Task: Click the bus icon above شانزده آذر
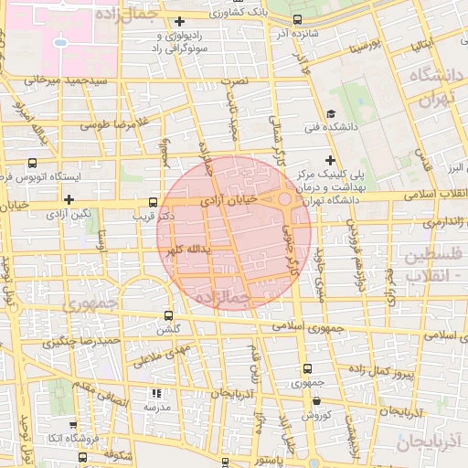tap(297, 20)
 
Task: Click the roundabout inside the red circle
tap(285, 198)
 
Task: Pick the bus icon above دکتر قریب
tap(153, 203)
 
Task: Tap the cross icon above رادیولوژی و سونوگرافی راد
tap(179, 21)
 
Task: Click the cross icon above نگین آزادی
tap(69, 198)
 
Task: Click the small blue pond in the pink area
tap(60, 42)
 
